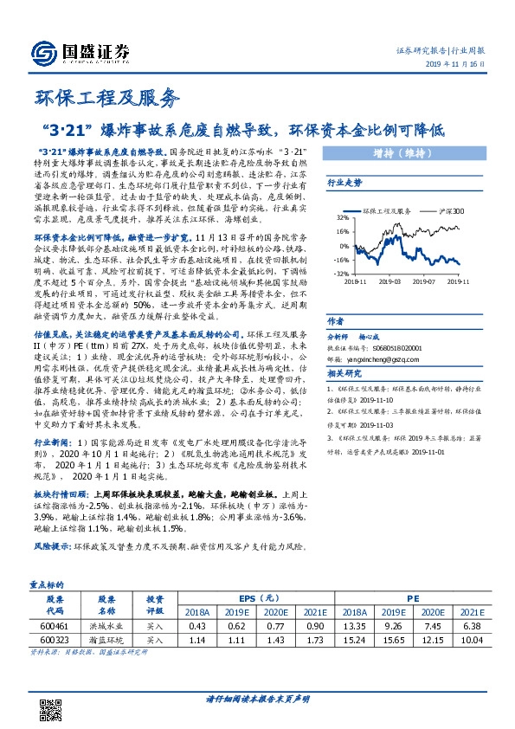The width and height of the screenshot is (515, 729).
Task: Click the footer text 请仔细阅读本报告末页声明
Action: [258, 698]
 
